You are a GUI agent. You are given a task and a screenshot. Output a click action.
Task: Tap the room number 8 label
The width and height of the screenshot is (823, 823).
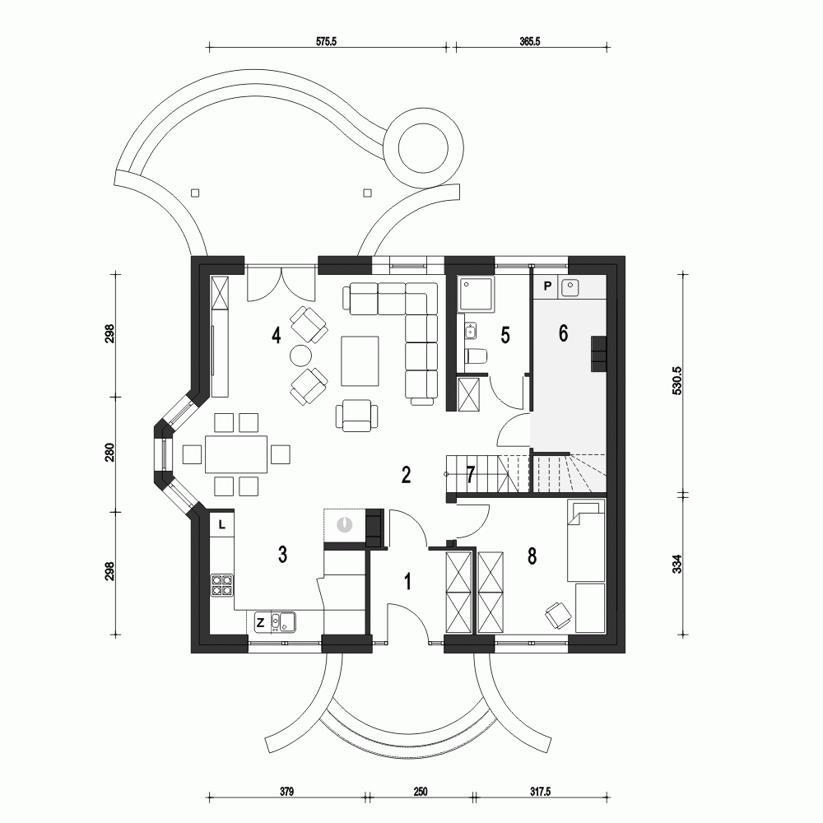pos(532,556)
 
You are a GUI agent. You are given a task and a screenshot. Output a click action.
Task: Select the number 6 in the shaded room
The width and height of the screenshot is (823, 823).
pos(563,333)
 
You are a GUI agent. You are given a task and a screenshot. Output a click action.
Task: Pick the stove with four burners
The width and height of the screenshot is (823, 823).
pos(222,584)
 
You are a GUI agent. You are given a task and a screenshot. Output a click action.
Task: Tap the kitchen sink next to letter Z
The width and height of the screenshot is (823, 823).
pos(285,621)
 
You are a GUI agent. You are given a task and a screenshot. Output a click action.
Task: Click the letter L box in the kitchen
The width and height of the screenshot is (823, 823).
pos(223,523)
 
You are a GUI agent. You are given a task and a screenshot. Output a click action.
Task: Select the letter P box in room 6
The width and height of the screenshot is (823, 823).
pos(547,287)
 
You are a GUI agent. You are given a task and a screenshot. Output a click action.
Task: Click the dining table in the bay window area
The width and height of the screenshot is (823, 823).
pos(237,454)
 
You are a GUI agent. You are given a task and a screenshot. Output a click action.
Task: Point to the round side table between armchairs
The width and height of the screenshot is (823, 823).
pos(300,355)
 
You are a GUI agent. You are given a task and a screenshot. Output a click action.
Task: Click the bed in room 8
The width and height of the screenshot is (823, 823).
pos(586,539)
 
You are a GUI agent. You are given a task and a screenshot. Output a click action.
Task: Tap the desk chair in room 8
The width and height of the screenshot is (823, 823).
pos(558,613)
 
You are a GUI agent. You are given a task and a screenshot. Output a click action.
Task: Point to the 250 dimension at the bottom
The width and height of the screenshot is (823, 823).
pos(420,792)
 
